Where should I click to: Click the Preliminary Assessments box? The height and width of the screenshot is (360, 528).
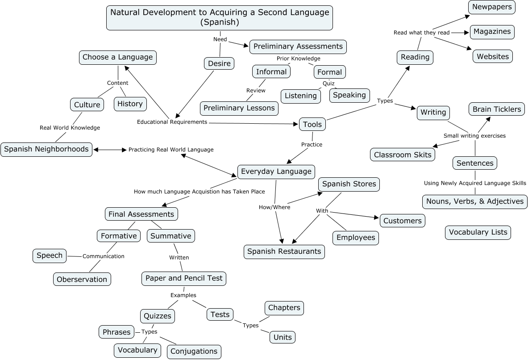click(298, 46)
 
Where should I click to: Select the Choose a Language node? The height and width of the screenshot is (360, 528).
click(118, 57)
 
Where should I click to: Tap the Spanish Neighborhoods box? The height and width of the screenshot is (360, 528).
click(46, 149)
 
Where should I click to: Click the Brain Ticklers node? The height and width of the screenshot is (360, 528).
click(496, 109)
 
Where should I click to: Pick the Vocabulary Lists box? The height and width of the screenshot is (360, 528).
click(478, 232)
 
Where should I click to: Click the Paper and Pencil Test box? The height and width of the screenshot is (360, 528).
click(183, 278)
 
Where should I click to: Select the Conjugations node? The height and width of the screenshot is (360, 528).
click(194, 352)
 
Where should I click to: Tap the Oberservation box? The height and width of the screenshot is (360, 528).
click(82, 280)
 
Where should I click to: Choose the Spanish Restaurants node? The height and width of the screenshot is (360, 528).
click(284, 251)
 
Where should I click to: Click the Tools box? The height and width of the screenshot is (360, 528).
click(312, 125)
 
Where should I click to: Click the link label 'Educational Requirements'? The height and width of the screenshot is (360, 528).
click(172, 122)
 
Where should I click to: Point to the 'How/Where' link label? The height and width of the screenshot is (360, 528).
click(274, 207)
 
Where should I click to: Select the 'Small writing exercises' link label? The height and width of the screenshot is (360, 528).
click(474, 136)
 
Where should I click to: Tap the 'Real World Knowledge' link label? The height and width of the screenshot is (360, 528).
click(70, 128)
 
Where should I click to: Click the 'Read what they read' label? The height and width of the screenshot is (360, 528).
click(421, 33)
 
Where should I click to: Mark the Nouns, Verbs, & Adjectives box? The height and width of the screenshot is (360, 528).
click(475, 201)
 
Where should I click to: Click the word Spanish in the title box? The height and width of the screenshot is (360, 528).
click(220, 22)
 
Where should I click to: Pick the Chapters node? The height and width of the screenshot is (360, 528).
click(284, 308)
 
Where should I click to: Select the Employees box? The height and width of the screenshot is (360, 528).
click(355, 238)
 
